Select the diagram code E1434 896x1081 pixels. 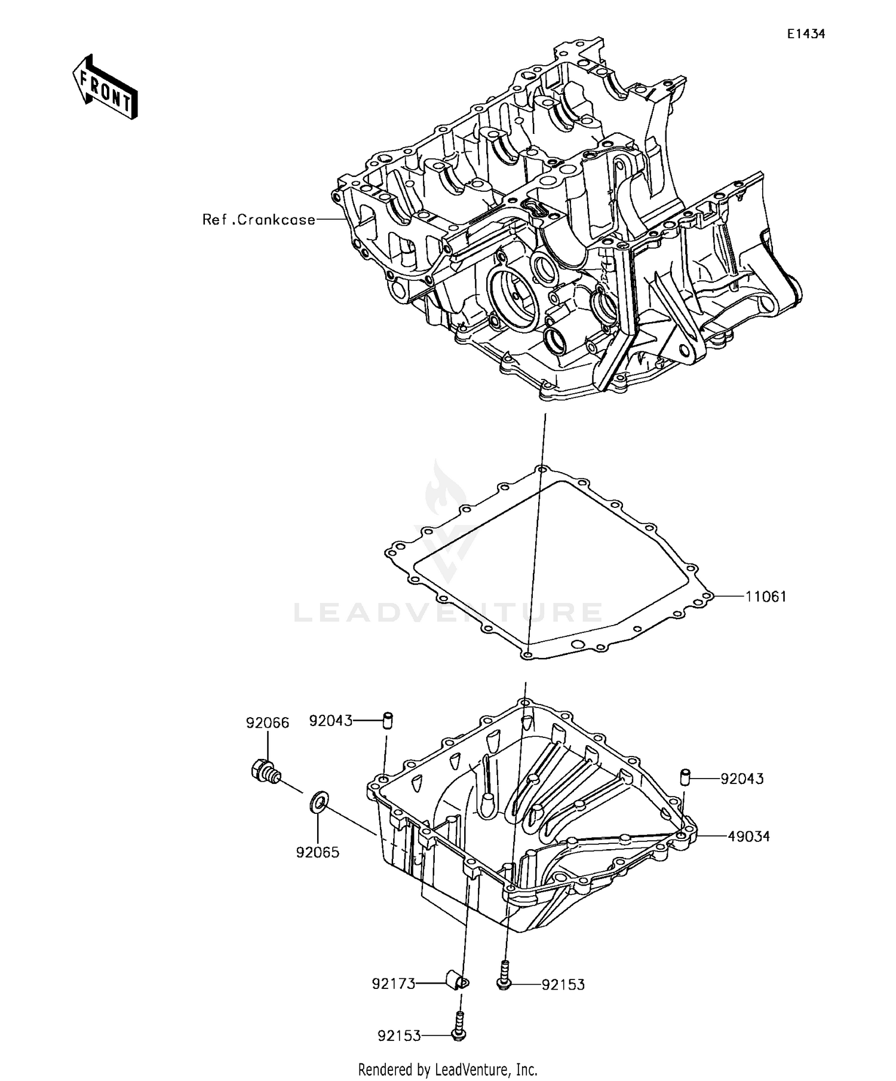click(805, 34)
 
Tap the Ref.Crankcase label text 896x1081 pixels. click(259, 219)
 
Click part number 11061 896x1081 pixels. click(765, 596)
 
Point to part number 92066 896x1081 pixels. click(268, 723)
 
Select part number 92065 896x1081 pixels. click(318, 853)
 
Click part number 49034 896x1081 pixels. click(748, 837)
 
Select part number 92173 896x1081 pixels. click(393, 984)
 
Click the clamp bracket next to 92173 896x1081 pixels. click(457, 981)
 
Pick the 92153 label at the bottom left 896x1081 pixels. click(399, 1036)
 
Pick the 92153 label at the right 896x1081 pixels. click(563, 984)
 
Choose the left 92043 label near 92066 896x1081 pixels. click(330, 721)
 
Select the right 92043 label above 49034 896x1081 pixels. click(742, 779)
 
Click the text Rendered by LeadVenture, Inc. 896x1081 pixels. click(447, 1069)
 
